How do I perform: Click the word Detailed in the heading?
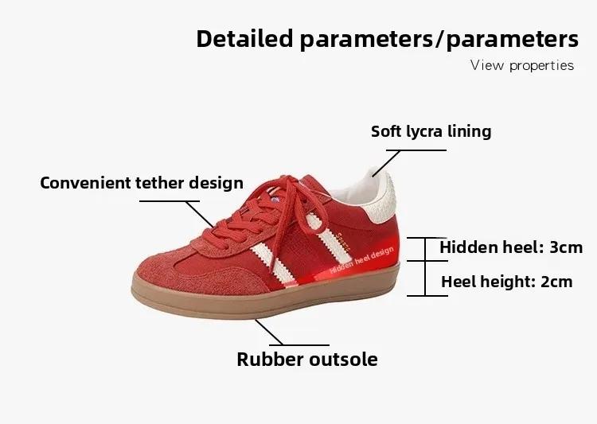point(244,38)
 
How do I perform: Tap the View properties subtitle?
point(522,65)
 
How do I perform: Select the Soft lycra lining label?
point(431,132)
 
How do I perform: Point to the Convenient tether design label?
point(142,183)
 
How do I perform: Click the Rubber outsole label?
point(307,360)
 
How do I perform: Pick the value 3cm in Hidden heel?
point(566,247)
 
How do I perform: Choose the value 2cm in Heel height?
point(556,282)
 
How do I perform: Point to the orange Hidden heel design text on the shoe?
point(361,260)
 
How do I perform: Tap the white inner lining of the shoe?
point(354,190)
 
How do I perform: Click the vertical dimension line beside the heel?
point(425,266)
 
